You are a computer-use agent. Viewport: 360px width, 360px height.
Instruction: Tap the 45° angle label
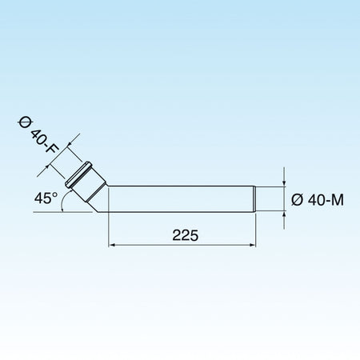tap(46, 198)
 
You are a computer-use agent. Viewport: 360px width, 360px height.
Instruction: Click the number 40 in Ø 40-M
tap(314, 200)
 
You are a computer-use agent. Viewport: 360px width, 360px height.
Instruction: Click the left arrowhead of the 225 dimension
tap(111, 245)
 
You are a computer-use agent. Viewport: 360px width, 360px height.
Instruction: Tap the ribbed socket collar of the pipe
tap(82, 175)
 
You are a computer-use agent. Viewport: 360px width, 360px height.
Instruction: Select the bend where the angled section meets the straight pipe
tap(105, 199)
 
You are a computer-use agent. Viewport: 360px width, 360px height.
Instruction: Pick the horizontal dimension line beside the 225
tap(144, 245)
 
